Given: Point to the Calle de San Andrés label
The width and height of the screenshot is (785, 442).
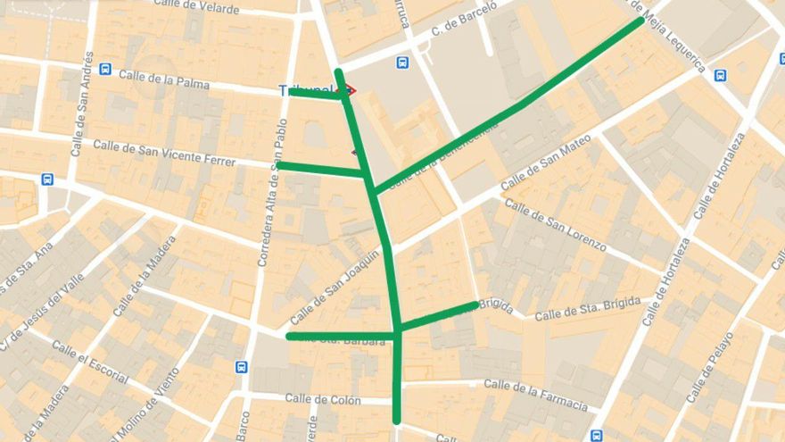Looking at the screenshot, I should [x=83, y=104].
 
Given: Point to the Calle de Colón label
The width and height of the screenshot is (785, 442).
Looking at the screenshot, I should [x=323, y=399].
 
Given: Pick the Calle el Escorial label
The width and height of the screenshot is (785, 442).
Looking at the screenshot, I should [x=89, y=362].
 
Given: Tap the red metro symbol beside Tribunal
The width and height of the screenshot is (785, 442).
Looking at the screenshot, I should [x=351, y=90].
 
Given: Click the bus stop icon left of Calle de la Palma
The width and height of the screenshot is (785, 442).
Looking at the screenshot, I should [x=105, y=69].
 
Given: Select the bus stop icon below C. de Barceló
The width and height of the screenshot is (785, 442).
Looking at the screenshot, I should [x=402, y=63].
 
